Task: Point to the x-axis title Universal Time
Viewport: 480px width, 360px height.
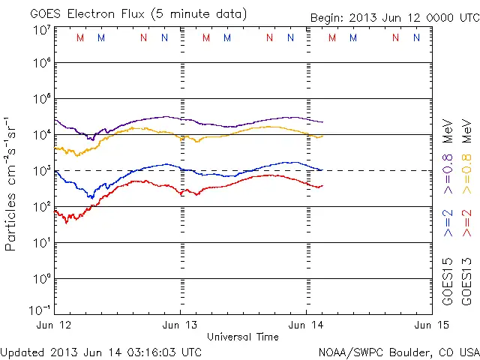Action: pos(243,336)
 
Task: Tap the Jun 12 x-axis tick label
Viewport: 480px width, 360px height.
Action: pos(55,325)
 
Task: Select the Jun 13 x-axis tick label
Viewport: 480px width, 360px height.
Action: pos(181,325)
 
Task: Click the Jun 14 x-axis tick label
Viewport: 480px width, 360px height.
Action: pos(306,325)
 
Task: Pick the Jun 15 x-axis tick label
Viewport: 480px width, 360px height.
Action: pos(430,325)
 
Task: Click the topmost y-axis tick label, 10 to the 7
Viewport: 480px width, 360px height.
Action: pos(42,29)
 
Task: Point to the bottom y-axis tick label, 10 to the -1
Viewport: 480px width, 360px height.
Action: pos(40,309)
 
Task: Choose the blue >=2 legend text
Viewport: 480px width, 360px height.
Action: pos(448,223)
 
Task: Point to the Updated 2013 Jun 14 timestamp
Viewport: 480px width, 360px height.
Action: pos(101,351)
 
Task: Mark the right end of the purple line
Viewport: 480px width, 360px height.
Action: pos(323,122)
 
